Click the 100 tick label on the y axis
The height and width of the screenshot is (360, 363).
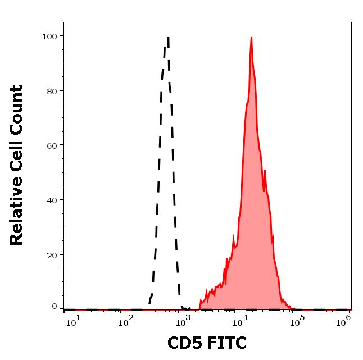click(x=49, y=36)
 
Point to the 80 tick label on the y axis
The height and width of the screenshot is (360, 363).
click(x=52, y=90)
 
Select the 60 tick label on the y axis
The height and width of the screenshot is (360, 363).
click(x=52, y=145)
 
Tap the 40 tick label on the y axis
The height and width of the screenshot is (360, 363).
click(x=52, y=199)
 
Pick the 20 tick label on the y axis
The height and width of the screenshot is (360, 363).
click(x=52, y=254)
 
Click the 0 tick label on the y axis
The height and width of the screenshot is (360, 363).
click(x=55, y=307)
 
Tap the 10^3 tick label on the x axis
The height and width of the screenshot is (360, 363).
click(x=182, y=321)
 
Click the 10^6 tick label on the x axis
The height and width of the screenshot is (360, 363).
click(x=344, y=321)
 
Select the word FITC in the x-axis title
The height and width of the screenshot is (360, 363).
click(x=228, y=343)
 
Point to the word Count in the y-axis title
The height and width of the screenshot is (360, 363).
click(x=17, y=108)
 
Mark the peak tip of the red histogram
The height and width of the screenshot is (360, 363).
click(x=251, y=37)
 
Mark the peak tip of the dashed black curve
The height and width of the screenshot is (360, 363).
click(x=168, y=38)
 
